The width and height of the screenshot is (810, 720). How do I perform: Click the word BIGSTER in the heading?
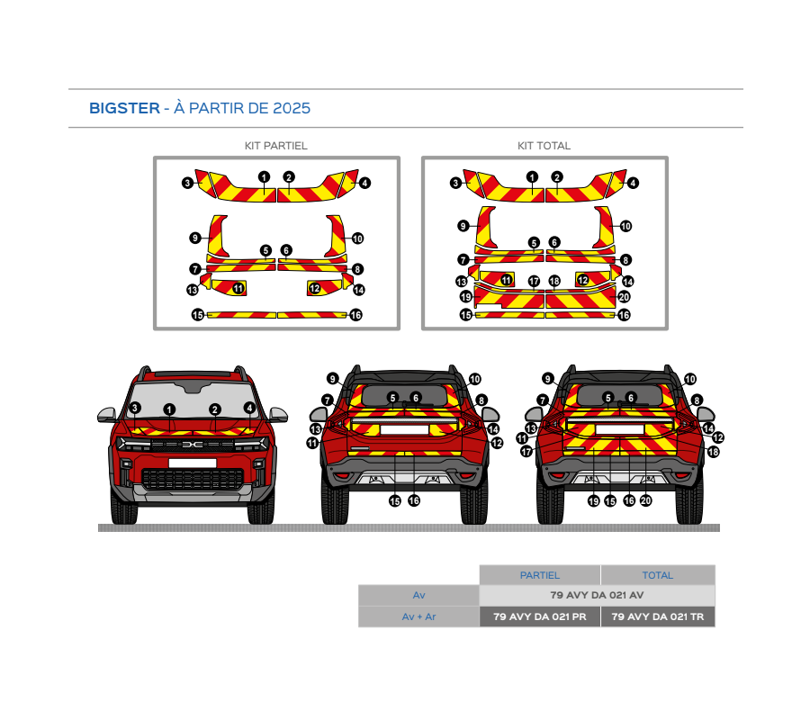(124, 108)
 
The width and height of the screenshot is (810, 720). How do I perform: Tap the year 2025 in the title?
(292, 108)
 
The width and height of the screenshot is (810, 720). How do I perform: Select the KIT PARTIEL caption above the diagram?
(276, 146)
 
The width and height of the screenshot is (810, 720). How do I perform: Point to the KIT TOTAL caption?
(544, 146)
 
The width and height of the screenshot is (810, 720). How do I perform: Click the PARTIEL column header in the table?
(540, 575)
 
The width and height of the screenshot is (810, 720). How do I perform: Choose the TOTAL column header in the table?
(658, 575)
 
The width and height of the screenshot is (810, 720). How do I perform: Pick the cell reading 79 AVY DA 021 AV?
(598, 595)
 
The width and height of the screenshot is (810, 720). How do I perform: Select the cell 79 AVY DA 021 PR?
(540, 616)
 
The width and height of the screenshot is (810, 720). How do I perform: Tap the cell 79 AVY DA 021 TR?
(658, 616)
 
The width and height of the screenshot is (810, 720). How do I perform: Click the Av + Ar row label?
(418, 616)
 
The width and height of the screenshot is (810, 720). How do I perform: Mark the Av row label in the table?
(418, 595)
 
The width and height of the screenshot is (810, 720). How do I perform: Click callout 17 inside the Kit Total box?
(534, 281)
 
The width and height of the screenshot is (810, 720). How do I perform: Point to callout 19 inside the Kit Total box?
(466, 297)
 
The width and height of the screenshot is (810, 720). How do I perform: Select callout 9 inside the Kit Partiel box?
(194, 238)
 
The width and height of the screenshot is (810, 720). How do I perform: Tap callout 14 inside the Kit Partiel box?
(359, 291)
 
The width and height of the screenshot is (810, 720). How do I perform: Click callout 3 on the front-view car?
(135, 408)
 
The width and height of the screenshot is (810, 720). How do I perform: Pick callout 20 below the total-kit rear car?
(645, 500)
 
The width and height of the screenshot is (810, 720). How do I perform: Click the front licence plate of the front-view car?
(193, 463)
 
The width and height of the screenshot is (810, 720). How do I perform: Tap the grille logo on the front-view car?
(193, 445)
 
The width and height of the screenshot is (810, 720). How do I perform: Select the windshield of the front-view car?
(193, 400)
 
